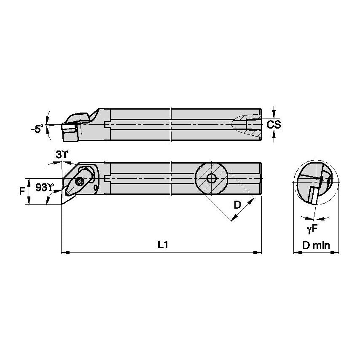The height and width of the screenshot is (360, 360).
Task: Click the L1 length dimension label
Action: click(163, 245)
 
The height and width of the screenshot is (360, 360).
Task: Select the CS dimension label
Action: click(274, 124)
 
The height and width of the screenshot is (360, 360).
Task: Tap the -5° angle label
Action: click(37, 129)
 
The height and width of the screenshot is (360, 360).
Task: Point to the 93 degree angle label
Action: click(44, 188)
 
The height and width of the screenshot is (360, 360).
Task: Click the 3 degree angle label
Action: click(62, 155)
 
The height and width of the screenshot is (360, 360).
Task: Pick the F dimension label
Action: click(22, 191)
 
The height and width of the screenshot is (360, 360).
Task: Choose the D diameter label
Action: click(237, 204)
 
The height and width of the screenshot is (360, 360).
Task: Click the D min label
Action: click(316, 245)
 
